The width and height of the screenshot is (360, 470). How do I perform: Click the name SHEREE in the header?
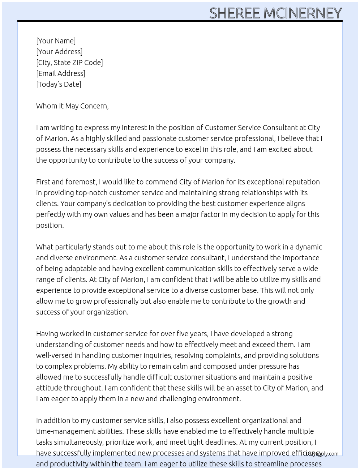click(235, 13)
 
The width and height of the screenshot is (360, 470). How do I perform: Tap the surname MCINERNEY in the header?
click(302, 13)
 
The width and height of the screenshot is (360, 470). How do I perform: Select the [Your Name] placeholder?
click(56, 41)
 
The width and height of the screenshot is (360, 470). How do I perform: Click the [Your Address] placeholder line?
click(59, 52)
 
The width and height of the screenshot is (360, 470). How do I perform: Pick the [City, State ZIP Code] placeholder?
click(69, 63)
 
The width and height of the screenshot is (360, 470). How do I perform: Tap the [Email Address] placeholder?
click(61, 73)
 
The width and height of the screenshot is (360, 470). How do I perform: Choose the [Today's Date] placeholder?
click(59, 84)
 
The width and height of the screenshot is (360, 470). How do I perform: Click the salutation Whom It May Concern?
click(72, 106)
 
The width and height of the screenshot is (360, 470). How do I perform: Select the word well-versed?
click(52, 355)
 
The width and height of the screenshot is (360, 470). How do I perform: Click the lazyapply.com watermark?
click(322, 454)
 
